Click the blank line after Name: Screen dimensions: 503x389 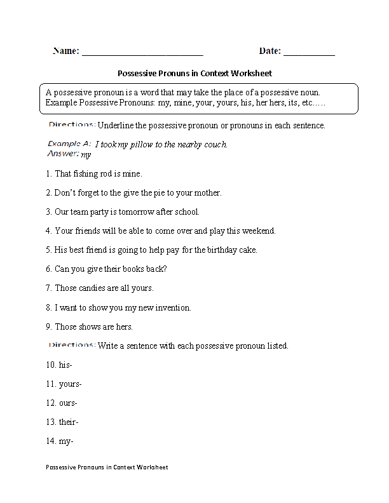click(142, 53)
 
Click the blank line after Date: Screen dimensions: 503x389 click(309, 53)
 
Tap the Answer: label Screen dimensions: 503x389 click(63, 154)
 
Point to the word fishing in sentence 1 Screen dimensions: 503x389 click(86, 174)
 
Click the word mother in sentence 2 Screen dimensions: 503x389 click(207, 193)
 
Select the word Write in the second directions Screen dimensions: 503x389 click(109, 346)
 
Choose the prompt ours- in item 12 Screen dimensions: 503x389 click(67, 403)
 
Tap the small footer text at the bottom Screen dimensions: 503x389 click(107, 467)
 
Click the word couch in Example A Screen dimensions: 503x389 click(214, 145)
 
